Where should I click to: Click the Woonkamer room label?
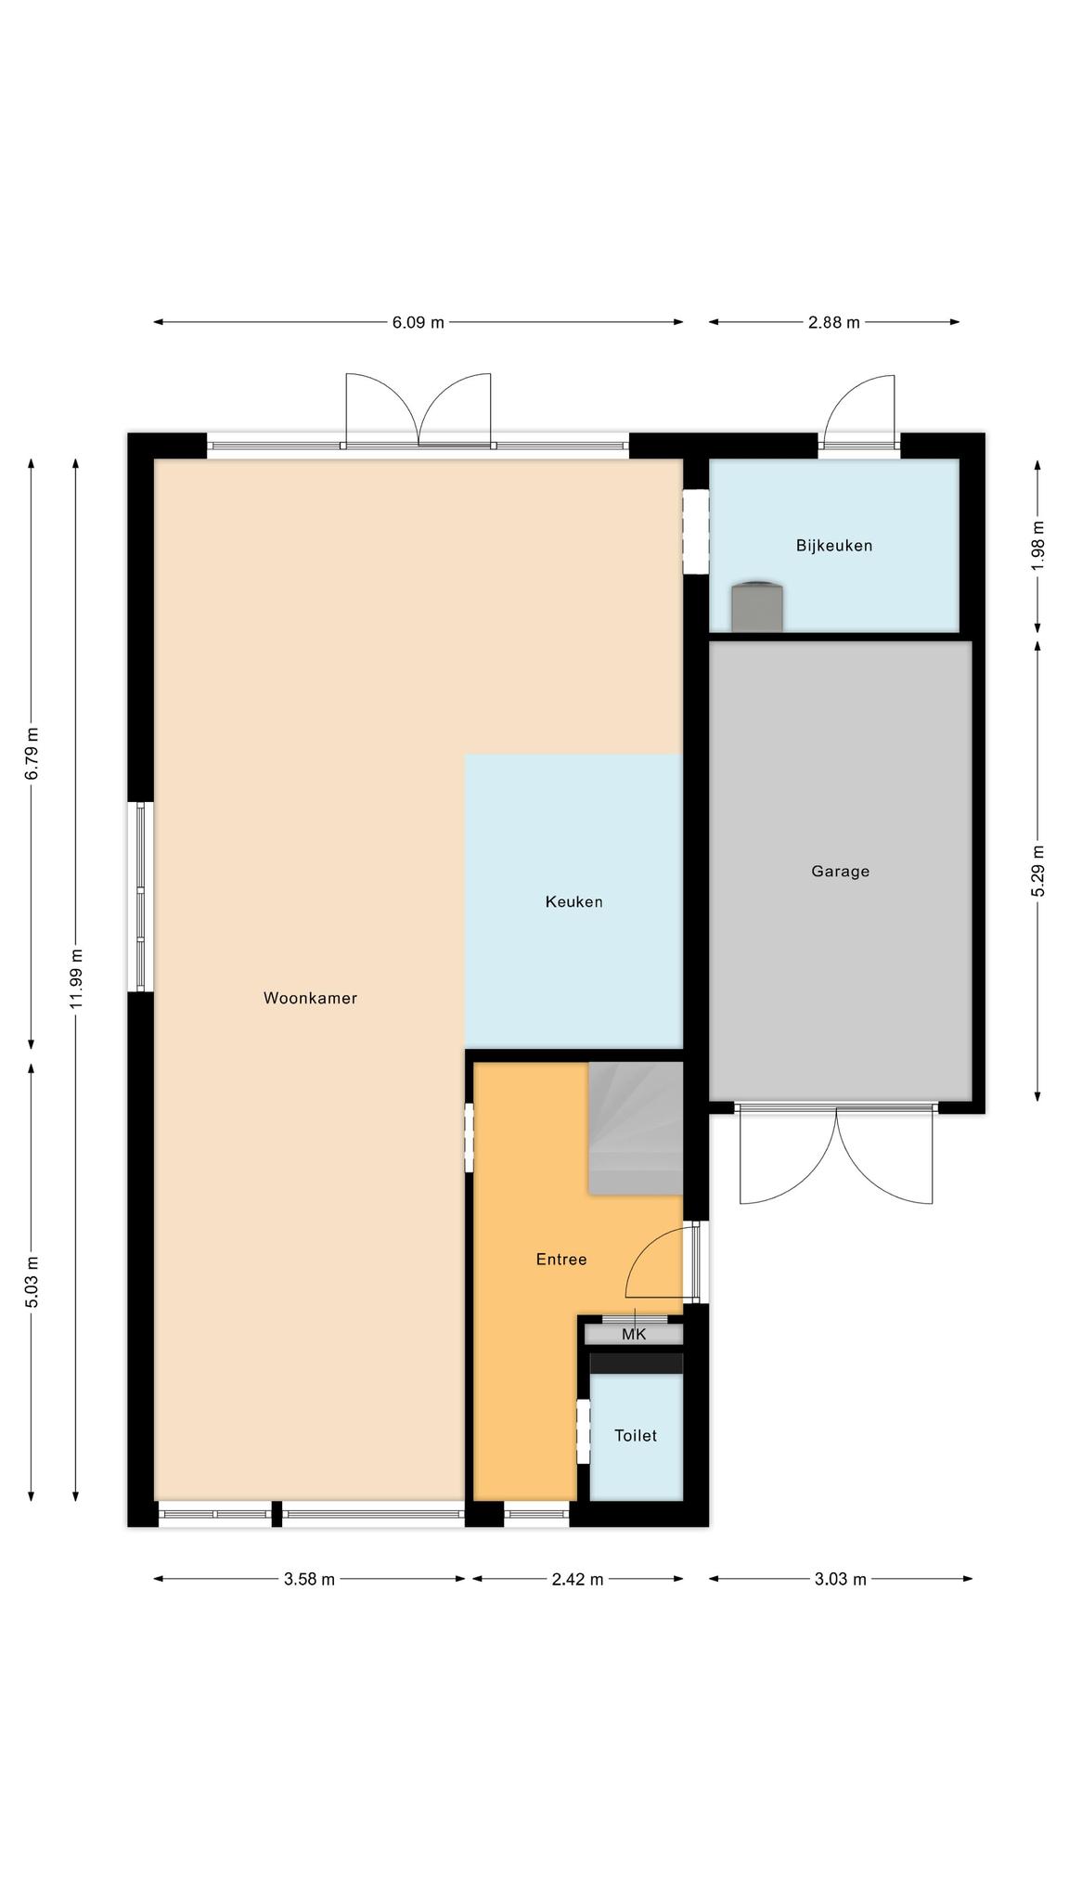[310, 999]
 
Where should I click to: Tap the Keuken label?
[573, 902]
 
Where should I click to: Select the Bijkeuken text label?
[834, 546]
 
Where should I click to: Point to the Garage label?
[840, 872]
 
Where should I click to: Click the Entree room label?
[561, 1260]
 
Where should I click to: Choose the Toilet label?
[636, 1436]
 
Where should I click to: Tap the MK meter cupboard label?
[634, 1335]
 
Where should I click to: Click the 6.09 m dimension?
[418, 323]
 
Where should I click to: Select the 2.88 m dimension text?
[833, 323]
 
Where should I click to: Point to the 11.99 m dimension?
[76, 978]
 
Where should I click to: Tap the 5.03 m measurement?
[32, 1282]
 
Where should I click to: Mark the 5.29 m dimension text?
[1037, 871]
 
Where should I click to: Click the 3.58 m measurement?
[309, 1580]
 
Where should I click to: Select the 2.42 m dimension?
[577, 1580]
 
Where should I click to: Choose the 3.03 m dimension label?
[840, 1580]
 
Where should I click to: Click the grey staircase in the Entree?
[636, 1128]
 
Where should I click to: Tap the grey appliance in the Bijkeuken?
[756, 607]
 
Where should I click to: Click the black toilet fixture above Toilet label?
[637, 1363]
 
